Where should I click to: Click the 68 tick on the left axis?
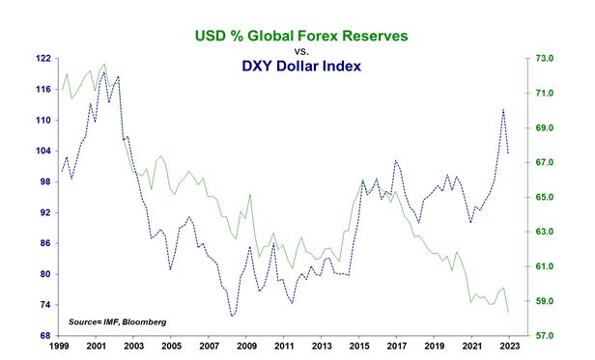click(x=43, y=336)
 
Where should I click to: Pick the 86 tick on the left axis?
click(x=43, y=243)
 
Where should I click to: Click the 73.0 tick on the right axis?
click(x=543, y=59)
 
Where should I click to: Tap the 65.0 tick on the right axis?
click(x=543, y=197)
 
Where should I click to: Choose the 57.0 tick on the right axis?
click(x=543, y=336)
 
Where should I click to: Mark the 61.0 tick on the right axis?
click(x=543, y=266)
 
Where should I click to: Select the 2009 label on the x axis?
click(x=246, y=346)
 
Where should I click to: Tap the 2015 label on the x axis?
click(x=359, y=346)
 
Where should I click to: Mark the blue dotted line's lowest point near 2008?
click(x=232, y=316)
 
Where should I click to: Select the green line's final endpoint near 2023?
click(x=509, y=312)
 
